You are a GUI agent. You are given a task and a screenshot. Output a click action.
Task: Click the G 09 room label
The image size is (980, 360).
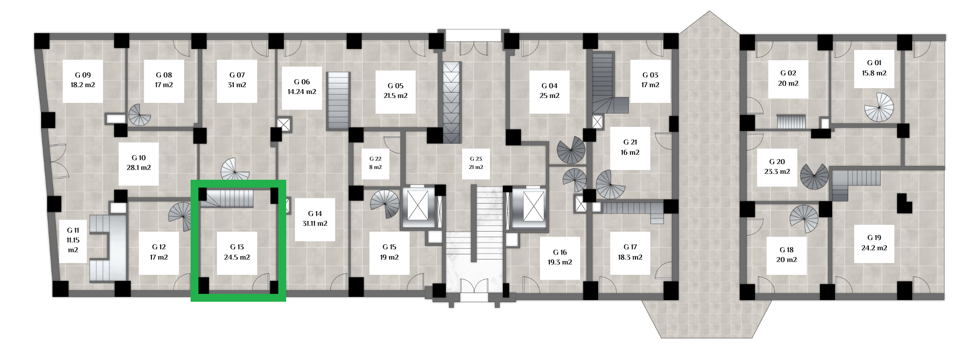(83, 80)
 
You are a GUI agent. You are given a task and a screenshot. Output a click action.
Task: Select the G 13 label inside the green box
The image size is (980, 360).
(237, 252)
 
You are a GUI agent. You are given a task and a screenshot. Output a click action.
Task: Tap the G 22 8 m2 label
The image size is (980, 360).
(375, 163)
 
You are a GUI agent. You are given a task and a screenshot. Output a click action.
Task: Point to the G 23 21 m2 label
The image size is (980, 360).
(476, 163)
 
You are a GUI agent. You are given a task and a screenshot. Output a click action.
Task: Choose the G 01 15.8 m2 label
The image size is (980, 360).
(874, 68)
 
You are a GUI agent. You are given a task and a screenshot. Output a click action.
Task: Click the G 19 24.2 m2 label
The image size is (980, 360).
(874, 243)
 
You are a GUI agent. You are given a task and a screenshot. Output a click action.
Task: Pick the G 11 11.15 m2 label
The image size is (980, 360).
(73, 240)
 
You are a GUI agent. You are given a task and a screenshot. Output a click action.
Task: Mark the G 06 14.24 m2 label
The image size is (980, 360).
(302, 87)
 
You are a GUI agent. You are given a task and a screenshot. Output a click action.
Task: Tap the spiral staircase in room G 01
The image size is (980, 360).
(879, 107)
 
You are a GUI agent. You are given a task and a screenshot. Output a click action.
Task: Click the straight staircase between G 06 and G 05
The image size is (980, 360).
(338, 101)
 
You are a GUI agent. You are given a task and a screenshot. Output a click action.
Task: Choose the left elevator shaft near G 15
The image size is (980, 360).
(418, 207)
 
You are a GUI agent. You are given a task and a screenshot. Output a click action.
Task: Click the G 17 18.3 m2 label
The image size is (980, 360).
(630, 252)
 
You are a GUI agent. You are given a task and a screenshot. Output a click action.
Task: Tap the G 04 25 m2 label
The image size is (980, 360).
(549, 91)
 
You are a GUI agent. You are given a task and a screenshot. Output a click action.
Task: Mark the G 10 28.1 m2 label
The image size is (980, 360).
(139, 163)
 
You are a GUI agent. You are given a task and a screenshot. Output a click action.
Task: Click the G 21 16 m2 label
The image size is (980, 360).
(630, 147)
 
